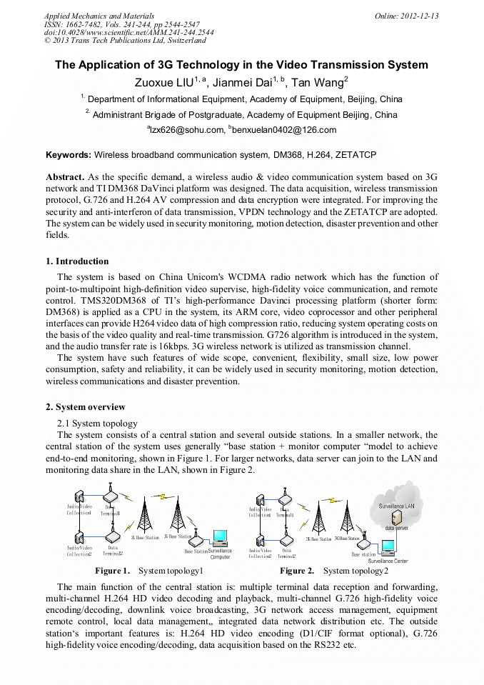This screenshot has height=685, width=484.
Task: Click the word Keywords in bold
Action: click(x=68, y=154)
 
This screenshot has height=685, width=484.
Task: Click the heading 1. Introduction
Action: click(x=77, y=261)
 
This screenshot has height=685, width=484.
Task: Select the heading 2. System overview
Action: click(x=85, y=407)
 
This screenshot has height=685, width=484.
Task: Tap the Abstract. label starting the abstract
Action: click(x=65, y=176)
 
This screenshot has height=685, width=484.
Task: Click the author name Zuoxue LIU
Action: click(x=164, y=84)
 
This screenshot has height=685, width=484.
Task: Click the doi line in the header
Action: click(x=128, y=33)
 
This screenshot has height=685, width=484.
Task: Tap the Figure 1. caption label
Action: click(x=112, y=571)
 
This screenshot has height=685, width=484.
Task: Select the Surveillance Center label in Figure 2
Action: click(x=388, y=561)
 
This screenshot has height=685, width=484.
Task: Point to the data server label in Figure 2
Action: click(x=396, y=528)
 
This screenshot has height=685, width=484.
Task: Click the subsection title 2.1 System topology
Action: click(x=97, y=424)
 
